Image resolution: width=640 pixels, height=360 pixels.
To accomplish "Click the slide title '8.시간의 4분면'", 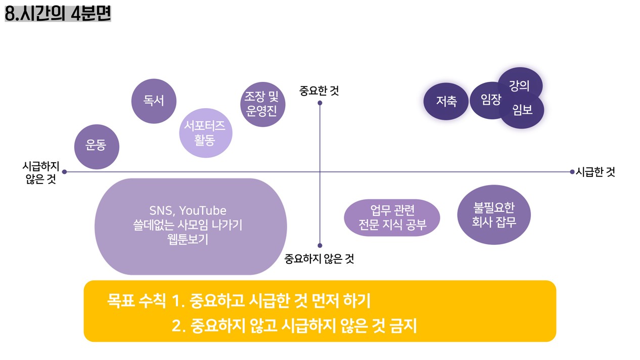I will (58, 13).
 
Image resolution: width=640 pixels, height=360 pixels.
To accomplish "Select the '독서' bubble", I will (154, 101).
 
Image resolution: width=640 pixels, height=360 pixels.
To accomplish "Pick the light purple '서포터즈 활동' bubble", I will (205, 133).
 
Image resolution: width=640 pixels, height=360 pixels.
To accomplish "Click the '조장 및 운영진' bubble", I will (261, 104).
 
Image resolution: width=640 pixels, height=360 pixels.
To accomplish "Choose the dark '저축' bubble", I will (446, 101).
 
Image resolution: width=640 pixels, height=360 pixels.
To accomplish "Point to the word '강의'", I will (519, 85).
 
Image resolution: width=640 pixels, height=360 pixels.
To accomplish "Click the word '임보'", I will (522, 109).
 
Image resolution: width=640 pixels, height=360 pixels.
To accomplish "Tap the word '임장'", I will (491, 100).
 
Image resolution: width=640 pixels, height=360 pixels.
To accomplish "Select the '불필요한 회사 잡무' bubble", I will (493, 215).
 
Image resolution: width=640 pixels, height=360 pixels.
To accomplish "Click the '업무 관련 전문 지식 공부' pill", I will (392, 217).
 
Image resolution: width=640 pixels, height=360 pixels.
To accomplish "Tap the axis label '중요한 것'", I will (319, 91).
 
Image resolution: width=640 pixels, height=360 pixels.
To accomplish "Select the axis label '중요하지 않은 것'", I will (319, 259).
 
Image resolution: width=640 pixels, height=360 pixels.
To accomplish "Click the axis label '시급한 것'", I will (595, 172).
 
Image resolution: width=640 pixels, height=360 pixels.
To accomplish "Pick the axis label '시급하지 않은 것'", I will (41, 172).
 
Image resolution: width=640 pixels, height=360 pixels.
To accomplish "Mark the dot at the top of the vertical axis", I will (320, 103).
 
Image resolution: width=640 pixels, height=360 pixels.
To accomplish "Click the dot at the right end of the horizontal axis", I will (572, 172).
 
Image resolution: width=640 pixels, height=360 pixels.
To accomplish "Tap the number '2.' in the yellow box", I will (179, 326).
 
